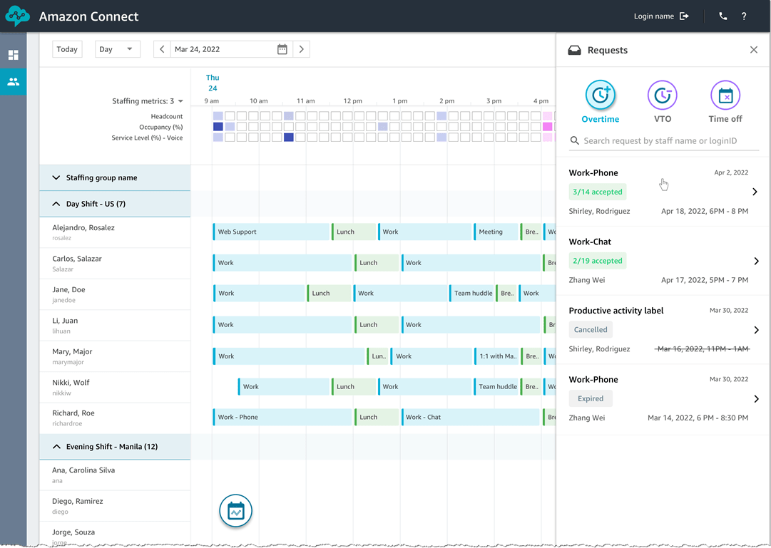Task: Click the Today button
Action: pos(67,49)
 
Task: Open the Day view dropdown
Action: pos(117,49)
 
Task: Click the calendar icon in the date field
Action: pos(282,49)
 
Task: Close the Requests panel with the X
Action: pos(754,50)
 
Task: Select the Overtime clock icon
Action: pos(600,95)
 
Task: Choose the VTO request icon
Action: pos(662,95)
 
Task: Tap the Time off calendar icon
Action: pos(725,95)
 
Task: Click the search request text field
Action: pos(667,141)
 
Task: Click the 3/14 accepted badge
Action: pos(598,192)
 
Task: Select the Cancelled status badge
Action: pos(591,330)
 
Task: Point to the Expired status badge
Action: pos(591,399)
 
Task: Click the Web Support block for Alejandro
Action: pos(271,232)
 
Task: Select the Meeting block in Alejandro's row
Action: pos(495,232)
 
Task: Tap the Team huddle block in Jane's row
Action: pos(473,293)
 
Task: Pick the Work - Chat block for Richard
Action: pos(470,417)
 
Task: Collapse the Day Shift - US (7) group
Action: pos(56,204)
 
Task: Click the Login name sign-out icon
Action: pos(685,16)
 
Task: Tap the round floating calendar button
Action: pos(235,511)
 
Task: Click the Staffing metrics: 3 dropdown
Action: pos(148,101)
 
